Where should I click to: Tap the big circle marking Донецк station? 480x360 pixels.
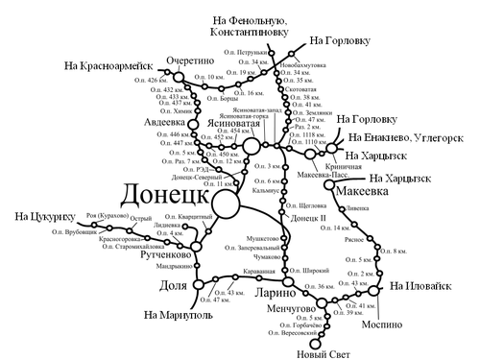click(x=226, y=204)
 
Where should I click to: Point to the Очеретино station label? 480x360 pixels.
click(x=189, y=59)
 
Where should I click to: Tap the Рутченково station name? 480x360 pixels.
click(x=153, y=255)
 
